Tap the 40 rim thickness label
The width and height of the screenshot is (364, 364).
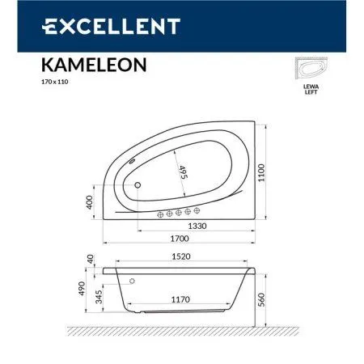pos(90,260)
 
